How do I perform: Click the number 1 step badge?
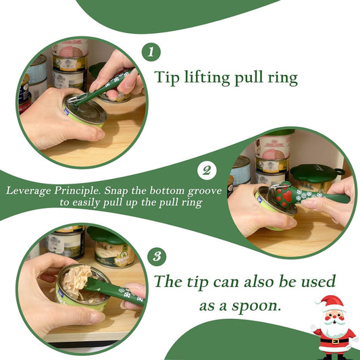151,52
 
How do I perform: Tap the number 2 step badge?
206,170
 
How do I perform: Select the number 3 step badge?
156,257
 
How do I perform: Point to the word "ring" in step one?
280,79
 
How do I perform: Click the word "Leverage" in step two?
31,190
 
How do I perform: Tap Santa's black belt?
332,342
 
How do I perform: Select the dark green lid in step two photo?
317,172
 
